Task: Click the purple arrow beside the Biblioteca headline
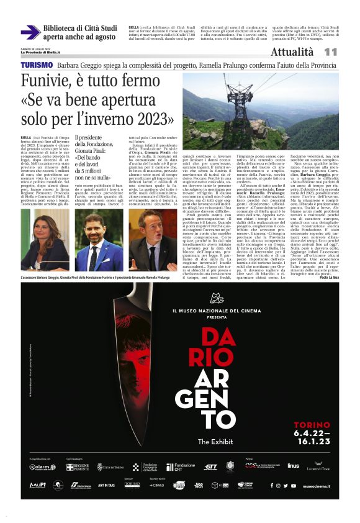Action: [x=30, y=32]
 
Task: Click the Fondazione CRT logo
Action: [x=180, y=466]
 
